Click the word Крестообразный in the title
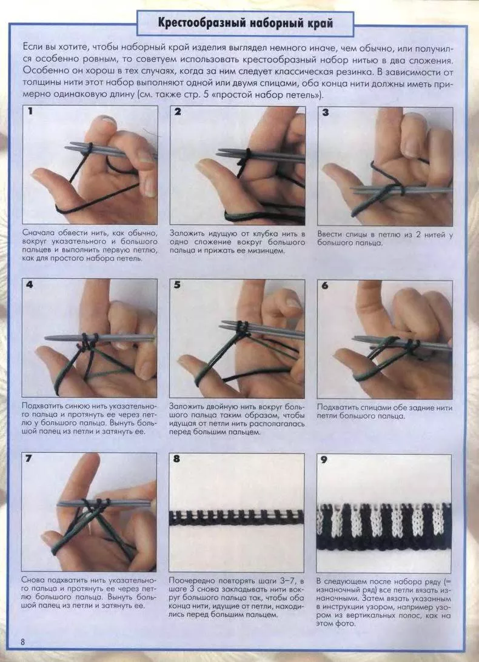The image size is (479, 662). [200, 22]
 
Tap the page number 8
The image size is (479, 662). [23, 642]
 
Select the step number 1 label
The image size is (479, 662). [30, 112]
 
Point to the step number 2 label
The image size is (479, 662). [178, 112]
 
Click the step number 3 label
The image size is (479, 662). [325, 112]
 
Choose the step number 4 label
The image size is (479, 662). [30, 284]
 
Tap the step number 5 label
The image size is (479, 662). [177, 285]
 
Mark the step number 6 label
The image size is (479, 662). [324, 286]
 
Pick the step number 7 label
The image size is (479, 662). [28, 458]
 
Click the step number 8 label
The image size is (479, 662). [176, 458]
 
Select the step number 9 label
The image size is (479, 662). [324, 460]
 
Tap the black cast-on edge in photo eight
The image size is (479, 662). [236, 518]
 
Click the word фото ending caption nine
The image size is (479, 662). [345, 624]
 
